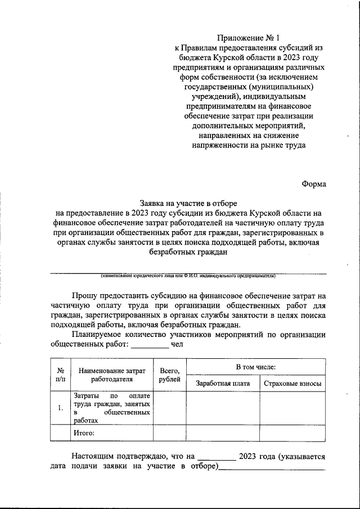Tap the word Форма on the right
click(313, 183)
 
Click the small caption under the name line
click(188, 276)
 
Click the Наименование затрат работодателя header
click(112, 376)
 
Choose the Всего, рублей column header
click(169, 376)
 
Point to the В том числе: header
click(255, 367)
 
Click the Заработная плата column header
click(222, 384)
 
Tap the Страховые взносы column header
click(292, 384)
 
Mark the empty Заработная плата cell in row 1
click(222, 408)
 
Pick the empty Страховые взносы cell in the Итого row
click(292, 433)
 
